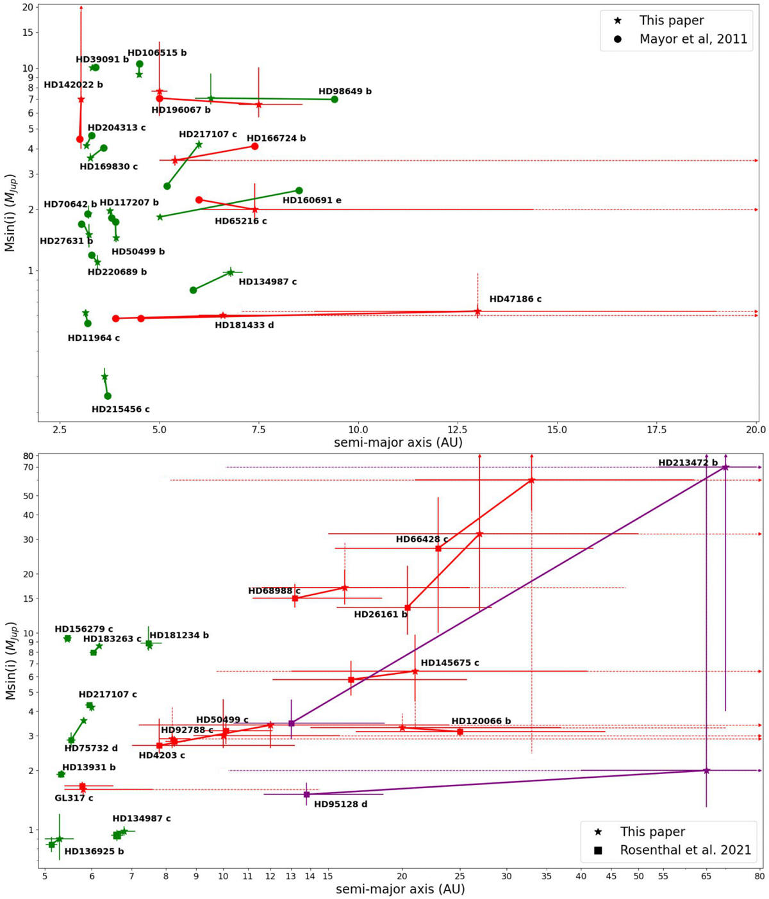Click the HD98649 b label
coord(345,92)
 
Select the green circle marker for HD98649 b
coord(335,99)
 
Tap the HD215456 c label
coord(120,409)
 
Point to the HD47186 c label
coord(515,299)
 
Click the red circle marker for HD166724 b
coord(254,147)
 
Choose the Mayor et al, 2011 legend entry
coord(693,39)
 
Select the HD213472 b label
coord(688,463)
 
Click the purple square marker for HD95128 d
coord(306,795)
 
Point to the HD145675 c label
coord(450,663)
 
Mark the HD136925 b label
coord(94,852)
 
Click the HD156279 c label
coord(84,629)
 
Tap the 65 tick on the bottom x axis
coord(706,876)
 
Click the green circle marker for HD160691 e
coord(299,190)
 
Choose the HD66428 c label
coord(422,540)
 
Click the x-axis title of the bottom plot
coord(400,889)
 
